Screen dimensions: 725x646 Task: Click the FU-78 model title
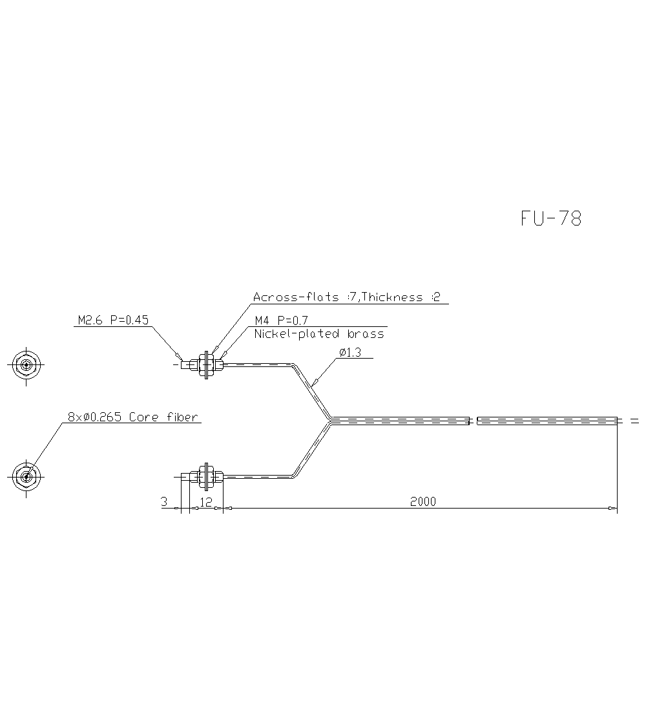pyautogui.click(x=551, y=219)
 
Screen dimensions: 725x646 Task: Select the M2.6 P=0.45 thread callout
pyautogui.click(x=114, y=320)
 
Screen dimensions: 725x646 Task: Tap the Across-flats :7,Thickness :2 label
pyautogui.click(x=347, y=297)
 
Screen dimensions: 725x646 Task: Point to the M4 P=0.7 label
pyautogui.click(x=281, y=320)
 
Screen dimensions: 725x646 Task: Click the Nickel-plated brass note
pyautogui.click(x=319, y=334)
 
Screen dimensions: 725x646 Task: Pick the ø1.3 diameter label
pyautogui.click(x=351, y=353)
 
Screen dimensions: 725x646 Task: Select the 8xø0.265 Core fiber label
pyautogui.click(x=132, y=417)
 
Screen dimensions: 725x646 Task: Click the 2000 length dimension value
pyautogui.click(x=423, y=501)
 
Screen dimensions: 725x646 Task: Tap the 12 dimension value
pyautogui.click(x=206, y=501)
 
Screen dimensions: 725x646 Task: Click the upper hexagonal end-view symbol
pyautogui.click(x=26, y=365)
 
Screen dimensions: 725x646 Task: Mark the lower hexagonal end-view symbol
pyautogui.click(x=26, y=477)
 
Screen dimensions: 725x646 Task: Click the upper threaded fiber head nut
pyautogui.click(x=206, y=364)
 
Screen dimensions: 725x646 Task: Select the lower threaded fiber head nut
pyautogui.click(x=206, y=477)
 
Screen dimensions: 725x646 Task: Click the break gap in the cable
pyautogui.click(x=473, y=421)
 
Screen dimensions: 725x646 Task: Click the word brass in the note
pyautogui.click(x=366, y=334)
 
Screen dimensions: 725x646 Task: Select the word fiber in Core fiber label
pyautogui.click(x=182, y=417)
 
